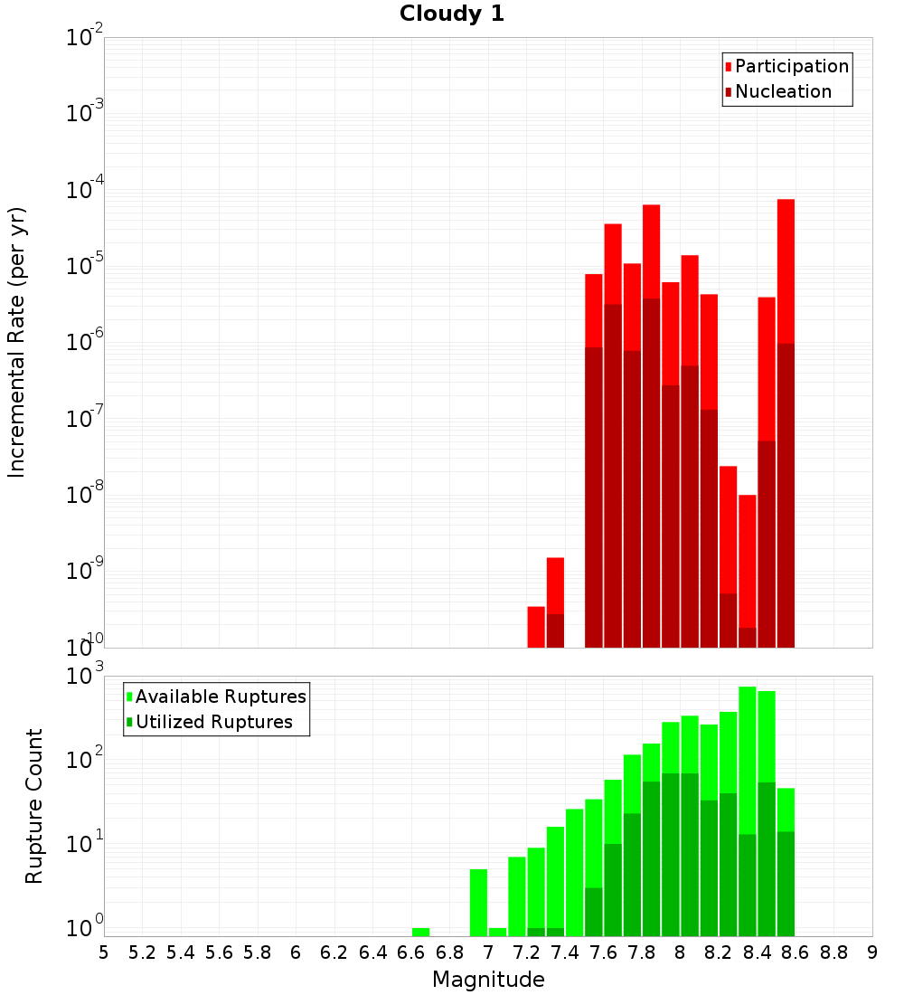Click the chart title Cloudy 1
452,14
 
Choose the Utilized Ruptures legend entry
213,722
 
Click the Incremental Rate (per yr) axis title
16,342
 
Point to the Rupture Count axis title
34,805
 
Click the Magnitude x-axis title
488,980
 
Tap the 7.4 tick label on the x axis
565,952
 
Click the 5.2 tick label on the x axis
143,952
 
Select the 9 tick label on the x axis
871,952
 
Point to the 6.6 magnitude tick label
411,952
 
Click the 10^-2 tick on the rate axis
85,38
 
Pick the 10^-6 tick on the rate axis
85,343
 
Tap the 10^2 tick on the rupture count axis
85,758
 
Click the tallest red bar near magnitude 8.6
786,271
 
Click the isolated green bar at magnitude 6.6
420,932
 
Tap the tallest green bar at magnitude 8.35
748,760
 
